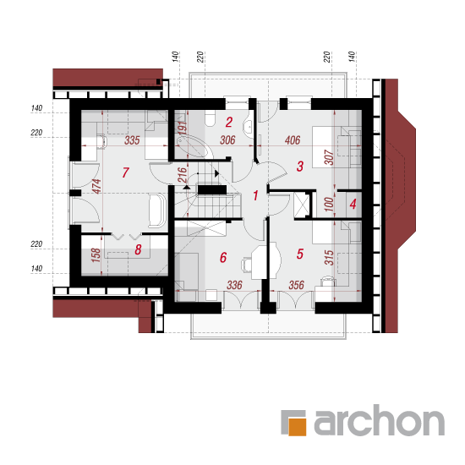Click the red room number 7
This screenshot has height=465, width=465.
(x=126, y=172)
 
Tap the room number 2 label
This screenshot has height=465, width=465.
(x=229, y=123)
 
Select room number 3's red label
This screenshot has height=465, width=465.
(x=300, y=167)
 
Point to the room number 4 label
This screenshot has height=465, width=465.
(x=353, y=204)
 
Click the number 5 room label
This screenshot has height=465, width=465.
(x=300, y=254)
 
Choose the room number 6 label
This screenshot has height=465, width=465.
(x=223, y=257)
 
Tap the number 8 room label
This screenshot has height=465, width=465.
(x=138, y=249)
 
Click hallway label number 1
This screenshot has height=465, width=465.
(x=255, y=196)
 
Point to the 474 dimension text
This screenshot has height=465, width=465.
(x=97, y=187)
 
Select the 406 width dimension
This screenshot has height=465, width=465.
(x=293, y=140)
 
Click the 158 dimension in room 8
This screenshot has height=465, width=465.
(x=96, y=255)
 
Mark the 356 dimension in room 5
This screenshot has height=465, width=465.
(x=296, y=285)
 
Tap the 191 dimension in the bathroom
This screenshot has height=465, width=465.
(x=183, y=127)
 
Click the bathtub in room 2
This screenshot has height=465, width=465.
(x=194, y=146)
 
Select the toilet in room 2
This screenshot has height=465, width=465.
(x=211, y=118)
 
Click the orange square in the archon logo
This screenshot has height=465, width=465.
(x=297, y=427)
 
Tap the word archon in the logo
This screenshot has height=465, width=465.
(x=380, y=420)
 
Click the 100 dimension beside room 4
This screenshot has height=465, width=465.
(x=329, y=204)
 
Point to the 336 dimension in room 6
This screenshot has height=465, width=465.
(x=234, y=285)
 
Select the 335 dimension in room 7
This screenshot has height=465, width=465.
(x=132, y=140)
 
